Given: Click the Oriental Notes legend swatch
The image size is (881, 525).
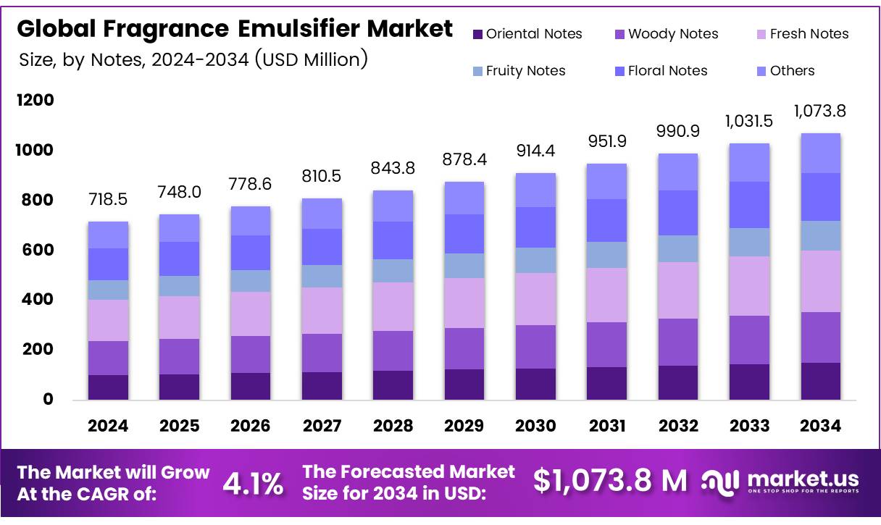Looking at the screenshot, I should click(x=477, y=34).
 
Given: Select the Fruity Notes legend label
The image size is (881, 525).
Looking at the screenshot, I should click(x=525, y=71).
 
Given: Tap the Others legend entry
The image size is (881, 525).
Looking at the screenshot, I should click(x=792, y=71).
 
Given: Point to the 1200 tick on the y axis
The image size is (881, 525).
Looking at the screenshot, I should click(x=35, y=100).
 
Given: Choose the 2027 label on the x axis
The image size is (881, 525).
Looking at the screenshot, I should click(x=321, y=426).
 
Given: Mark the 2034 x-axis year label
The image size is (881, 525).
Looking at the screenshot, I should click(x=819, y=426).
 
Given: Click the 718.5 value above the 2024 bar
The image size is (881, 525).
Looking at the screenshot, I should click(x=108, y=199).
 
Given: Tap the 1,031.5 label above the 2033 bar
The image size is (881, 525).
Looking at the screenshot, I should click(x=748, y=120).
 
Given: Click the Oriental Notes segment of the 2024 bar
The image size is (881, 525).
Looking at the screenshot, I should click(x=108, y=387).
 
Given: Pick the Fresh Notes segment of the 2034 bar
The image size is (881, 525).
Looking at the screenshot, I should click(x=819, y=281).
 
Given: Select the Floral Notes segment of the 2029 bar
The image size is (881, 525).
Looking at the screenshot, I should click(x=464, y=233).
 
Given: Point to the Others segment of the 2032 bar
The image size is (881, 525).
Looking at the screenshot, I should click(x=677, y=172).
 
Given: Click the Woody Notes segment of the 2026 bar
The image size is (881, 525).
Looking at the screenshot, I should click(x=250, y=354).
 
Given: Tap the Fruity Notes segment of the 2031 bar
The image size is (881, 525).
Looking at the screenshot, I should click(x=606, y=255).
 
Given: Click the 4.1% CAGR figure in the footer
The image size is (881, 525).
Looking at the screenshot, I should click(x=252, y=484).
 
